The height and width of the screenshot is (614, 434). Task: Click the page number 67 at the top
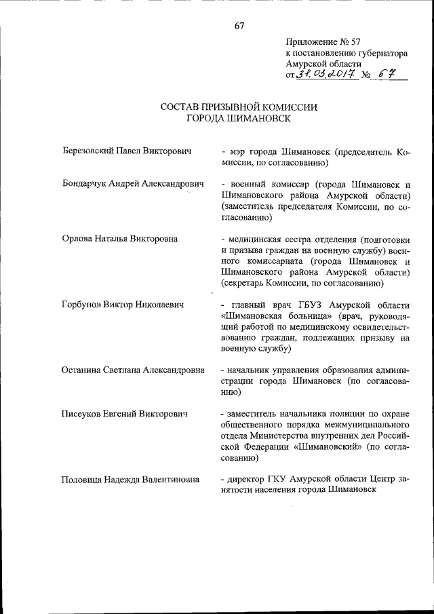[239, 26]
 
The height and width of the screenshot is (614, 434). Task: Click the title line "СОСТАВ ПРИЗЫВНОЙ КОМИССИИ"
[239, 107]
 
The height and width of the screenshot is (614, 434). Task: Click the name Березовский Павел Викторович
[123, 150]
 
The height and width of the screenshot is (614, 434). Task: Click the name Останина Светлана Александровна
[132, 370]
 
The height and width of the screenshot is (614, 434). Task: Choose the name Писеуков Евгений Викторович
[124, 413]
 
